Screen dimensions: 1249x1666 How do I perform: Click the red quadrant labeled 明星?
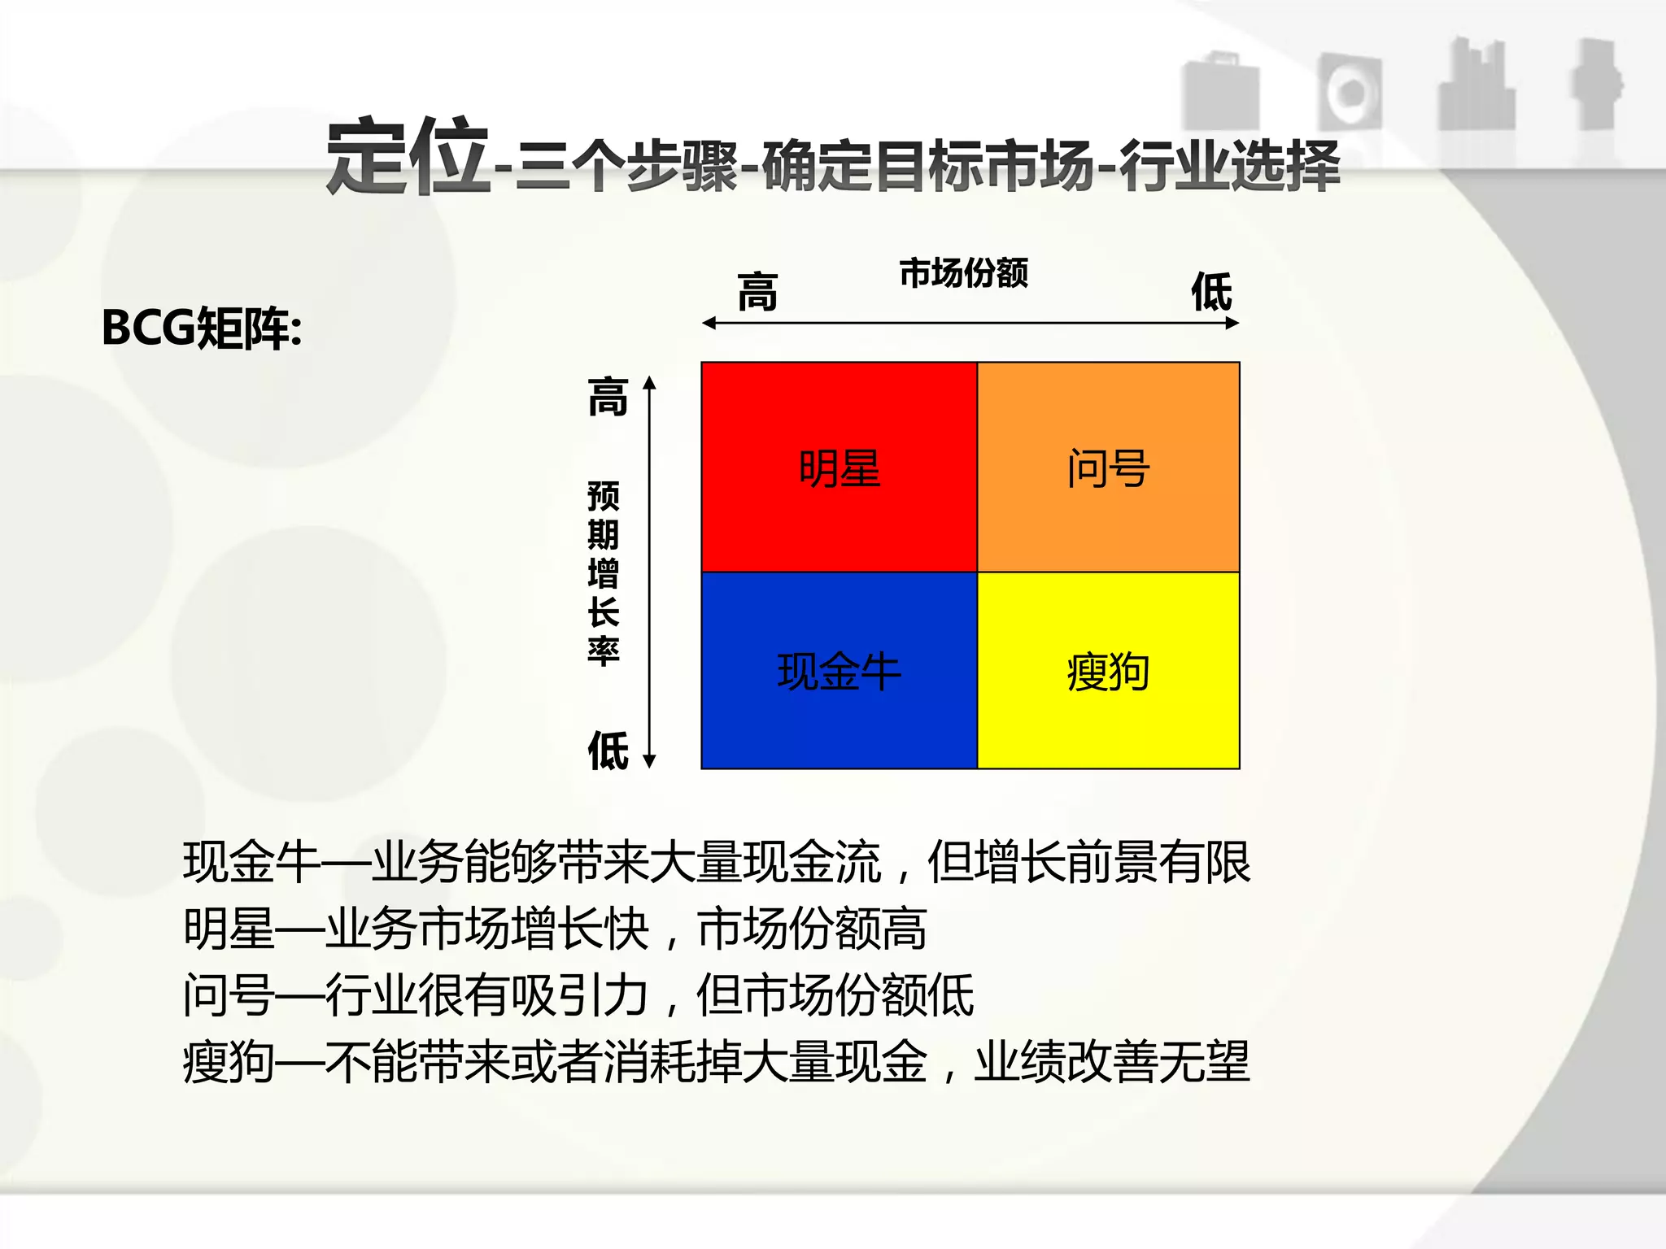click(x=839, y=468)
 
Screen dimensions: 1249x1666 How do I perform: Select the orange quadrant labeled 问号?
click(x=1108, y=468)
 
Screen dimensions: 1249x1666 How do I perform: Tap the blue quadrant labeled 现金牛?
click(x=839, y=672)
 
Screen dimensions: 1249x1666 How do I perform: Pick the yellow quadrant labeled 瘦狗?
click(x=1108, y=672)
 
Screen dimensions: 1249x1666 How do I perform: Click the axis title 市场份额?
click(x=963, y=273)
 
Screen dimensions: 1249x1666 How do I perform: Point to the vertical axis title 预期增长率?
click(x=604, y=573)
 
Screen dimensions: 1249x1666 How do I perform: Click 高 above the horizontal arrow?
click(x=757, y=292)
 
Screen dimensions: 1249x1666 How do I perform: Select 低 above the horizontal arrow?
click(x=1211, y=292)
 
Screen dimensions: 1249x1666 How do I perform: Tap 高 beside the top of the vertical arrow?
click(x=608, y=397)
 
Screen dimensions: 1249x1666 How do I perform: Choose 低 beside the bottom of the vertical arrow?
click(x=608, y=750)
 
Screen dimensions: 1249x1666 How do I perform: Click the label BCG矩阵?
click(x=202, y=329)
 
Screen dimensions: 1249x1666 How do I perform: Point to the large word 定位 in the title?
click(x=407, y=157)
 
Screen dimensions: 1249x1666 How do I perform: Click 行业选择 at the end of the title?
click(x=1228, y=166)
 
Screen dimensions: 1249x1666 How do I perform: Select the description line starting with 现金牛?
click(x=716, y=862)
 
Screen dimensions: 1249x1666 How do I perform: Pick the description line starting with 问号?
click(x=578, y=994)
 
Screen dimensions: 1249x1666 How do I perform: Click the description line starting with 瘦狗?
click(x=716, y=1061)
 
